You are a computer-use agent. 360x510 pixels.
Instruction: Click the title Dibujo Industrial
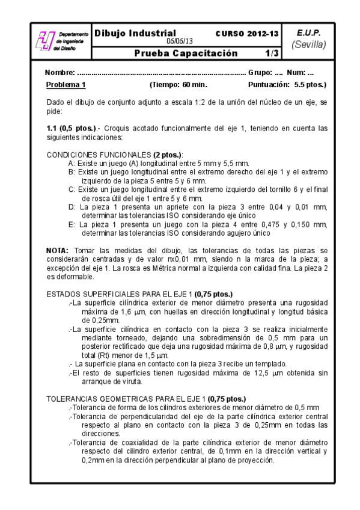coord(135,33)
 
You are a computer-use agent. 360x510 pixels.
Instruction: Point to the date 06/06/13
coord(180,41)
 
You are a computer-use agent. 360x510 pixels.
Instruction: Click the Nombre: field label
coord(60,73)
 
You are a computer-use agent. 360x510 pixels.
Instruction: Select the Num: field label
coord(296,73)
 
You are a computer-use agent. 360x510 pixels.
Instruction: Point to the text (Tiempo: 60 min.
coord(178,85)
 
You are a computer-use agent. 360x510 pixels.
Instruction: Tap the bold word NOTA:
coord(58,250)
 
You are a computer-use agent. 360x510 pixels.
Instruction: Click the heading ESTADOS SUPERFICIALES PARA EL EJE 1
coord(120,294)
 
